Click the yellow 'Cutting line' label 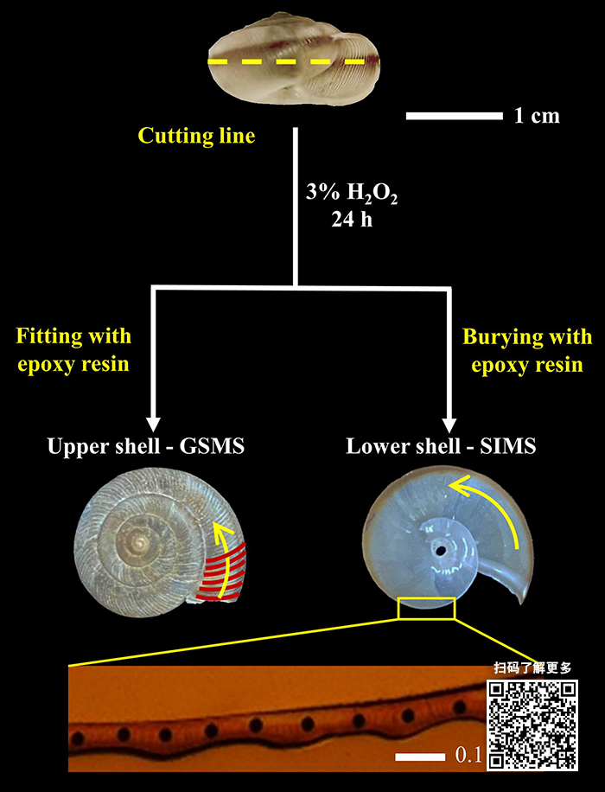[x=197, y=136]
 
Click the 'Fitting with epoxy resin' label [x=73, y=349]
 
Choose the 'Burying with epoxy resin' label [x=527, y=349]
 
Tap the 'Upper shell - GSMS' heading [x=146, y=446]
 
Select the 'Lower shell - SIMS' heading [x=441, y=446]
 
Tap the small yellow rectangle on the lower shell [x=426, y=608]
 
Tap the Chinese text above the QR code [x=532, y=667]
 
